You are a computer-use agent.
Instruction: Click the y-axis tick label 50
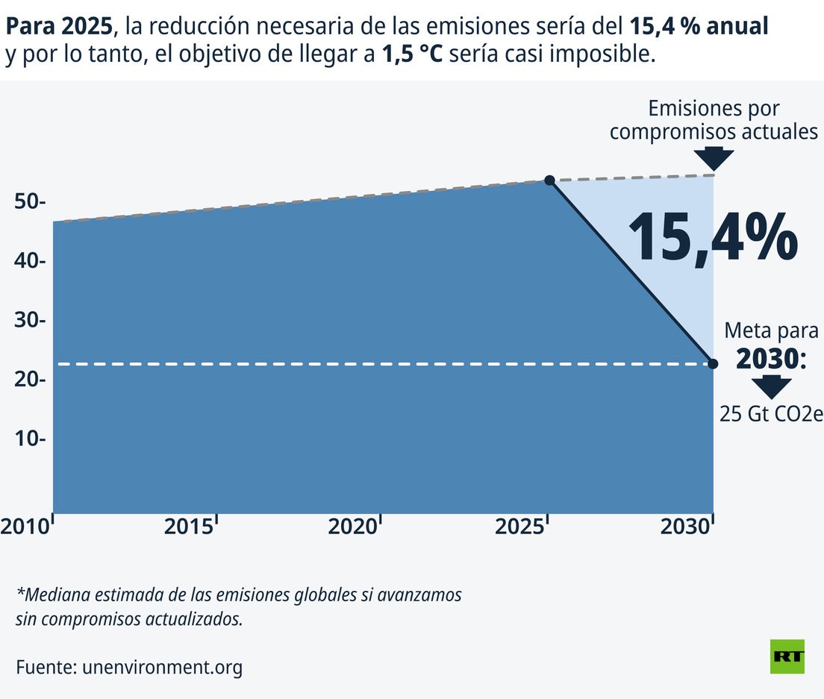pyautogui.click(x=28, y=202)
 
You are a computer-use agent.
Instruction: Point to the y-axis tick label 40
pyautogui.click(x=28, y=262)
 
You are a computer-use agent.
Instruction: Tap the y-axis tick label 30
pyautogui.click(x=28, y=321)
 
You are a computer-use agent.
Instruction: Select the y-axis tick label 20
pyautogui.click(x=28, y=380)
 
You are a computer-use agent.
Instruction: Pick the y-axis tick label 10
pyautogui.click(x=28, y=439)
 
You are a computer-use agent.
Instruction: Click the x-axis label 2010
pyautogui.click(x=24, y=527)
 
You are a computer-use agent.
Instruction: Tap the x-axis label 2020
pyautogui.click(x=353, y=527)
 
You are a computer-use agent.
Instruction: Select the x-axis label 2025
pyautogui.click(x=518, y=527)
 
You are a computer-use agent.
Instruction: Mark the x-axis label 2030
pyautogui.click(x=683, y=527)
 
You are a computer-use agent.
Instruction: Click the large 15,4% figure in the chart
pyautogui.click(x=712, y=237)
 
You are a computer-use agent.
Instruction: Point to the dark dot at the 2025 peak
pyautogui.click(x=549, y=181)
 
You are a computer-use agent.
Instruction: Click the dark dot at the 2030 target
pyautogui.click(x=713, y=364)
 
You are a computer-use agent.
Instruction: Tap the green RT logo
pyautogui.click(x=787, y=656)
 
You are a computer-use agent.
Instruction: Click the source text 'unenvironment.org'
pyautogui.click(x=162, y=667)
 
